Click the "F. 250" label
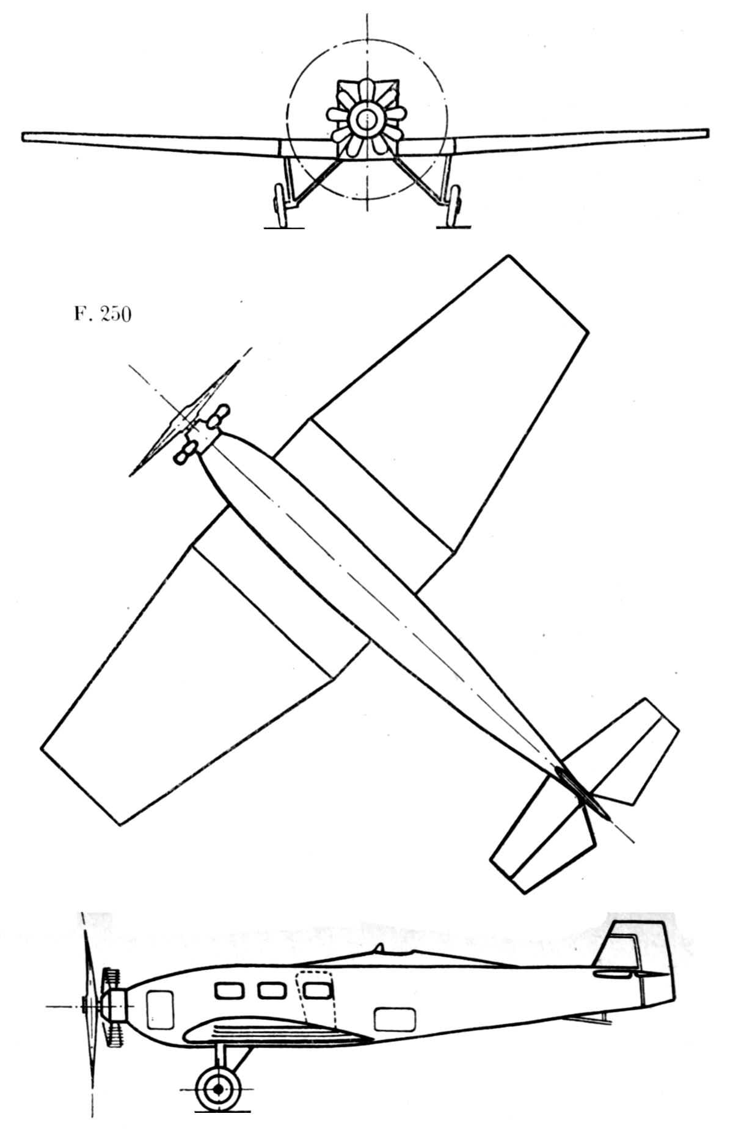(x=103, y=315)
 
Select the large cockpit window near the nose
(x=160, y=1009)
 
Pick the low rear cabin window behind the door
(x=395, y=1019)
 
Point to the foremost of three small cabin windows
(x=229, y=990)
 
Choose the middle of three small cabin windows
(x=271, y=990)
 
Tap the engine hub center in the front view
(x=366, y=119)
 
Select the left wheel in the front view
(x=280, y=206)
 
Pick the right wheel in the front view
(x=453, y=206)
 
